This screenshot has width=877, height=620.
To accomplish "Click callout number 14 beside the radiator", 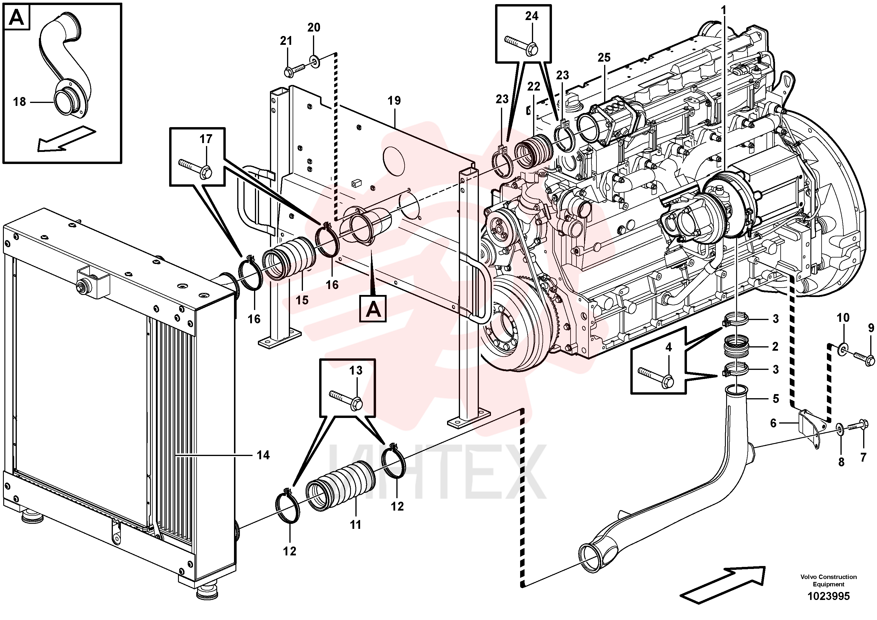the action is click(x=263, y=455).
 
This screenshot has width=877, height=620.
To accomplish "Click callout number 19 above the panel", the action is click(x=394, y=101).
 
